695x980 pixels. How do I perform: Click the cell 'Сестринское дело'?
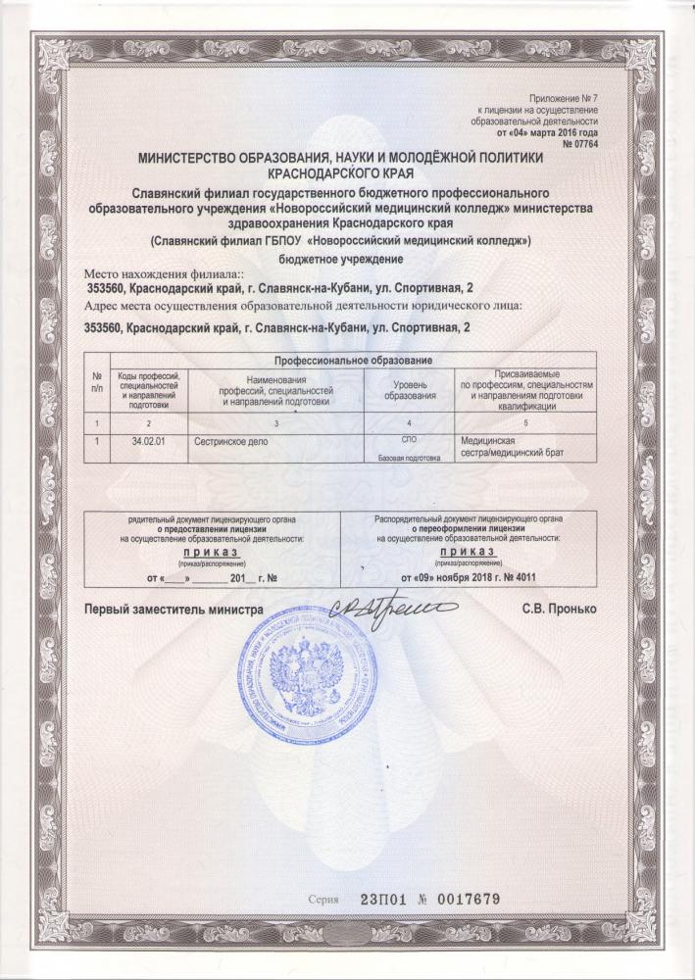[232, 441]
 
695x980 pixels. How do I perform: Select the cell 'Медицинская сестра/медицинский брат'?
[513, 446]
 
